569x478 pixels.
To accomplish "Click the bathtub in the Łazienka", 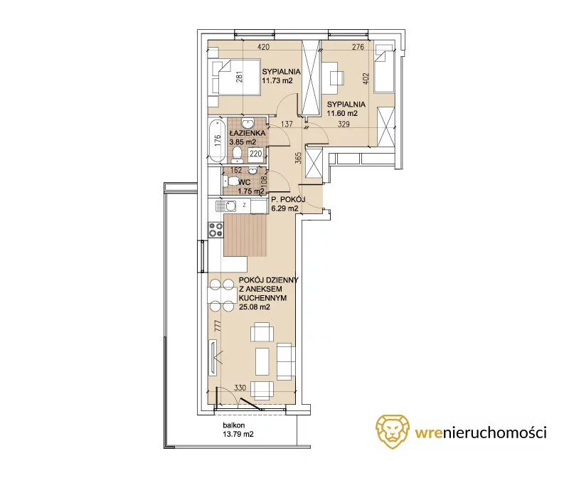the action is pyautogui.click(x=217, y=140).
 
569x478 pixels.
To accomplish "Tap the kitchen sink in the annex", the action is pyautogui.click(x=225, y=206).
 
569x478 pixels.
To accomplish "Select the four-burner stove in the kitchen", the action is pyautogui.click(x=216, y=230).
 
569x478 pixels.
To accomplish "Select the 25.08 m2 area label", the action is pyautogui.click(x=255, y=307).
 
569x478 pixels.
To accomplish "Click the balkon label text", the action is pyautogui.click(x=234, y=425).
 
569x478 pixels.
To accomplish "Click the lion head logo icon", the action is pyautogui.click(x=393, y=431).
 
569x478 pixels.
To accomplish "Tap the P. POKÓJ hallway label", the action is pyautogui.click(x=288, y=199).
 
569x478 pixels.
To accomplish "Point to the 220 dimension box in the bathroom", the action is pyautogui.click(x=256, y=154).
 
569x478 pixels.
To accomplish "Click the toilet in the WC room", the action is pyautogui.click(x=228, y=180).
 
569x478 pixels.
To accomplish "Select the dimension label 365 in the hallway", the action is pyautogui.click(x=298, y=158).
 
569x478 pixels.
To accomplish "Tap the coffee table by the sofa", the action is pyautogui.click(x=262, y=361).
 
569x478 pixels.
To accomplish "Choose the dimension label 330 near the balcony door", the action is pyautogui.click(x=240, y=388).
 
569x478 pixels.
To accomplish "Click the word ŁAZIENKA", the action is pyautogui.click(x=248, y=133).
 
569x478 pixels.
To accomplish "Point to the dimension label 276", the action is pyautogui.click(x=358, y=47).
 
